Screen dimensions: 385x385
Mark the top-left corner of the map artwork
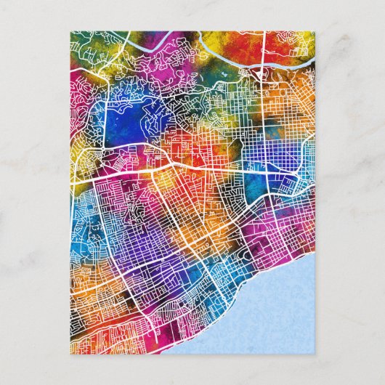point(70,31)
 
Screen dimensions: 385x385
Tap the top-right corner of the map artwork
point(315,31)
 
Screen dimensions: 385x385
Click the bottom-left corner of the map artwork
point(70,355)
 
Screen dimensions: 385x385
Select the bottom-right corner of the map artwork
point(315,355)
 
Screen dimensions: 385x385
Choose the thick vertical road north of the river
point(263,44)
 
